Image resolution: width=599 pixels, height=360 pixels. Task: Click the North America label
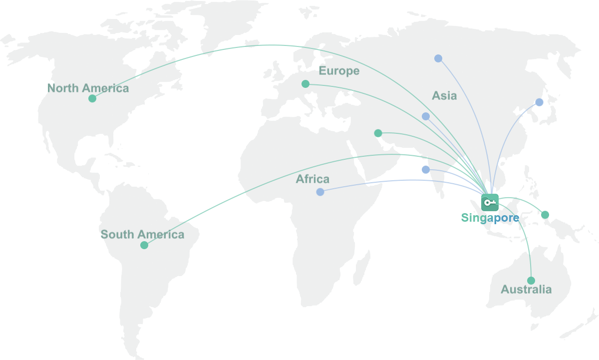pyautogui.click(x=88, y=88)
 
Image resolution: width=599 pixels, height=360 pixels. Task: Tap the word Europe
pyautogui.click(x=339, y=71)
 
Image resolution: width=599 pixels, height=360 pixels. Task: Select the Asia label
pyautogui.click(x=444, y=95)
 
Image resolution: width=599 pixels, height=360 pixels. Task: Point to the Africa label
pyautogui.click(x=312, y=179)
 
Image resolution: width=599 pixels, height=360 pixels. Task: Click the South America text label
pyautogui.click(x=142, y=234)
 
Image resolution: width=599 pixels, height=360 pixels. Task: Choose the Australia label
pyautogui.click(x=526, y=290)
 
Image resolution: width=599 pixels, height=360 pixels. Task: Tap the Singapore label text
pyautogui.click(x=490, y=218)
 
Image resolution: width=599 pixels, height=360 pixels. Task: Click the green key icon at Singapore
pyautogui.click(x=490, y=202)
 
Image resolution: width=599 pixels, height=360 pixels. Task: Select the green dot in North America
pyautogui.click(x=92, y=98)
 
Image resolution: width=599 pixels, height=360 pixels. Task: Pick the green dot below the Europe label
pyautogui.click(x=305, y=84)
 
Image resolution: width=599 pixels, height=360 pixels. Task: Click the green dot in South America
pyautogui.click(x=144, y=245)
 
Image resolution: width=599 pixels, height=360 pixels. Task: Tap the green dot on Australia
pyautogui.click(x=531, y=281)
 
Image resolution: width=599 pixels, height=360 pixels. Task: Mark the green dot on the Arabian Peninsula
pyautogui.click(x=378, y=133)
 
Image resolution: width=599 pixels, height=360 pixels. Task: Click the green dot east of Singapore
pyautogui.click(x=545, y=215)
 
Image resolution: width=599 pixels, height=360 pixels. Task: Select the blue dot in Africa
pyautogui.click(x=320, y=192)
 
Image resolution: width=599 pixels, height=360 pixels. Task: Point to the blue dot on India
pyautogui.click(x=425, y=170)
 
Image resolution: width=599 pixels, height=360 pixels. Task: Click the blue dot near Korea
pyautogui.click(x=539, y=102)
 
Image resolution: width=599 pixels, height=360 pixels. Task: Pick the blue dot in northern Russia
pyautogui.click(x=438, y=58)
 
